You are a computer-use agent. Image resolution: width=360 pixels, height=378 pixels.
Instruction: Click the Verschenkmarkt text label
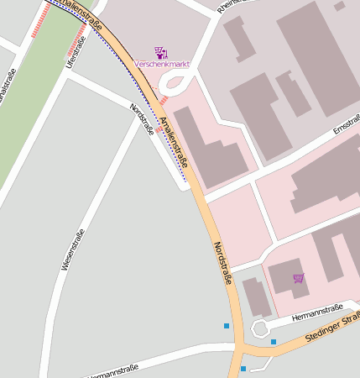point(161,64)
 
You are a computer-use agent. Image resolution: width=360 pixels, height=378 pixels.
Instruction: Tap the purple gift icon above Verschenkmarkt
point(161,52)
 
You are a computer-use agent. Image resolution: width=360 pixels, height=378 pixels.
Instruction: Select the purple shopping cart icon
point(299,278)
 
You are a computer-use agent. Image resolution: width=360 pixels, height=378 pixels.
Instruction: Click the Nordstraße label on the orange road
point(222,263)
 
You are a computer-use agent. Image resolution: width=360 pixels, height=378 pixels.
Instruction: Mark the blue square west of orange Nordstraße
point(226,326)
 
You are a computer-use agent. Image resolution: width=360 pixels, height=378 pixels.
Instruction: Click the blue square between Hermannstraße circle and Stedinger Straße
point(273,342)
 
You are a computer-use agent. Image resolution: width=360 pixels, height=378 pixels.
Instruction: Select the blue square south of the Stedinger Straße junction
point(243,369)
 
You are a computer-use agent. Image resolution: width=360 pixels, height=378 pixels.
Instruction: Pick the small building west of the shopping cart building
point(256,297)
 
